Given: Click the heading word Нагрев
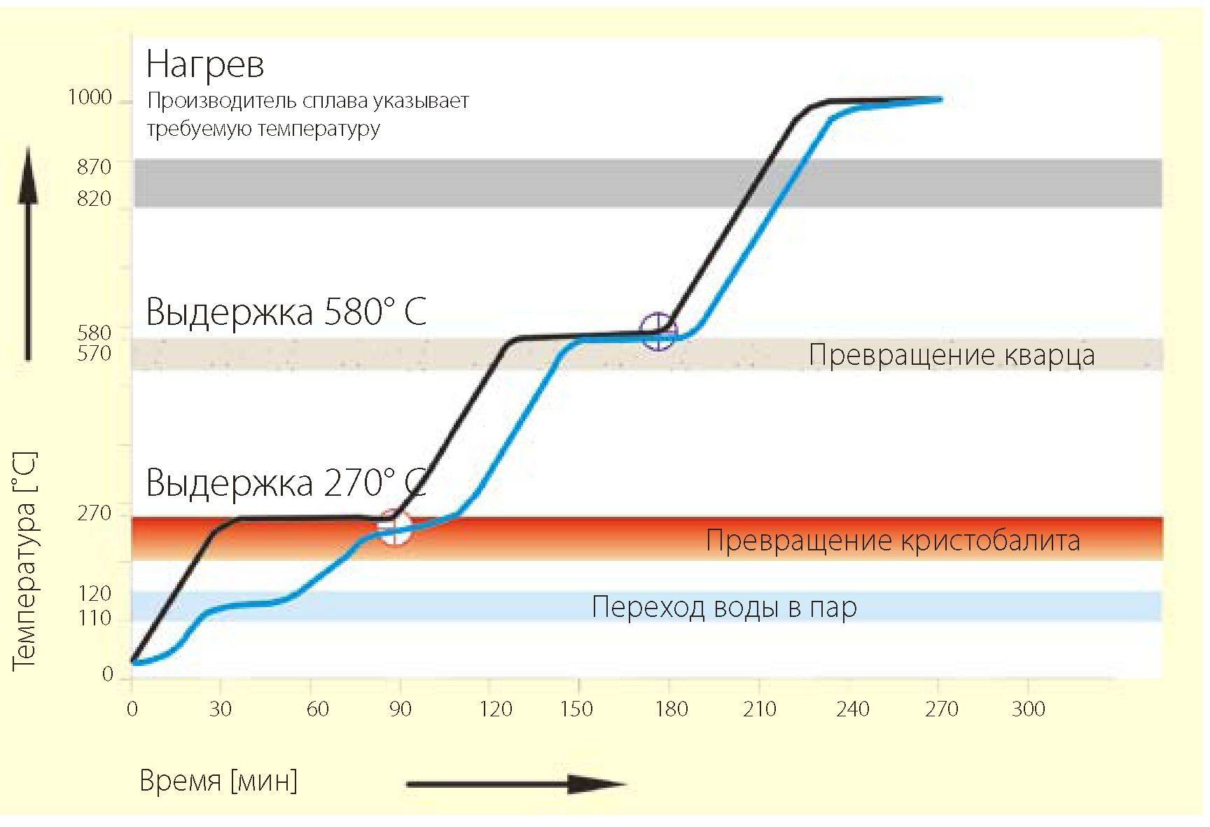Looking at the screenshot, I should [204, 65].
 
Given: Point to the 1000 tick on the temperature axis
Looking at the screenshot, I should [90, 97].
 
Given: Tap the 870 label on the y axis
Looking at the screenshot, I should [94, 167].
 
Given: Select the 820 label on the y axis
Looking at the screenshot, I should [94, 199].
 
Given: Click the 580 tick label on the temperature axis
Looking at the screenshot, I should [94, 333].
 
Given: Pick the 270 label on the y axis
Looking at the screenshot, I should [94, 514].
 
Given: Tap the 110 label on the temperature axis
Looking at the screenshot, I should [94, 618].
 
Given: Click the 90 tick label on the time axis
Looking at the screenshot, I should [400, 709].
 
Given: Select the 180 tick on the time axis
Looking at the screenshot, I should [670, 709].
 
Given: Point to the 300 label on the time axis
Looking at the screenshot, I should [1028, 709].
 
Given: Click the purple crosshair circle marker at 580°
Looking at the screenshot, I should [658, 331].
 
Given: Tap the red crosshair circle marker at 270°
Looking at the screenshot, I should [394, 527].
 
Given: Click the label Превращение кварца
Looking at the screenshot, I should [952, 355].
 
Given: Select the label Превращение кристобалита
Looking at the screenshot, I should [893, 541].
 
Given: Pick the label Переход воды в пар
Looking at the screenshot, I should [724, 607].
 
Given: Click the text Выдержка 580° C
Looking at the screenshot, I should [286, 312].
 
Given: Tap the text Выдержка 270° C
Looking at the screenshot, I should [286, 483].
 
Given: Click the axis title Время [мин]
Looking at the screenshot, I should [218, 780].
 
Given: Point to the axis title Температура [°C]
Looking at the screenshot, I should [25, 560].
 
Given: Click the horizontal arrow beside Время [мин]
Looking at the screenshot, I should [515, 784].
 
